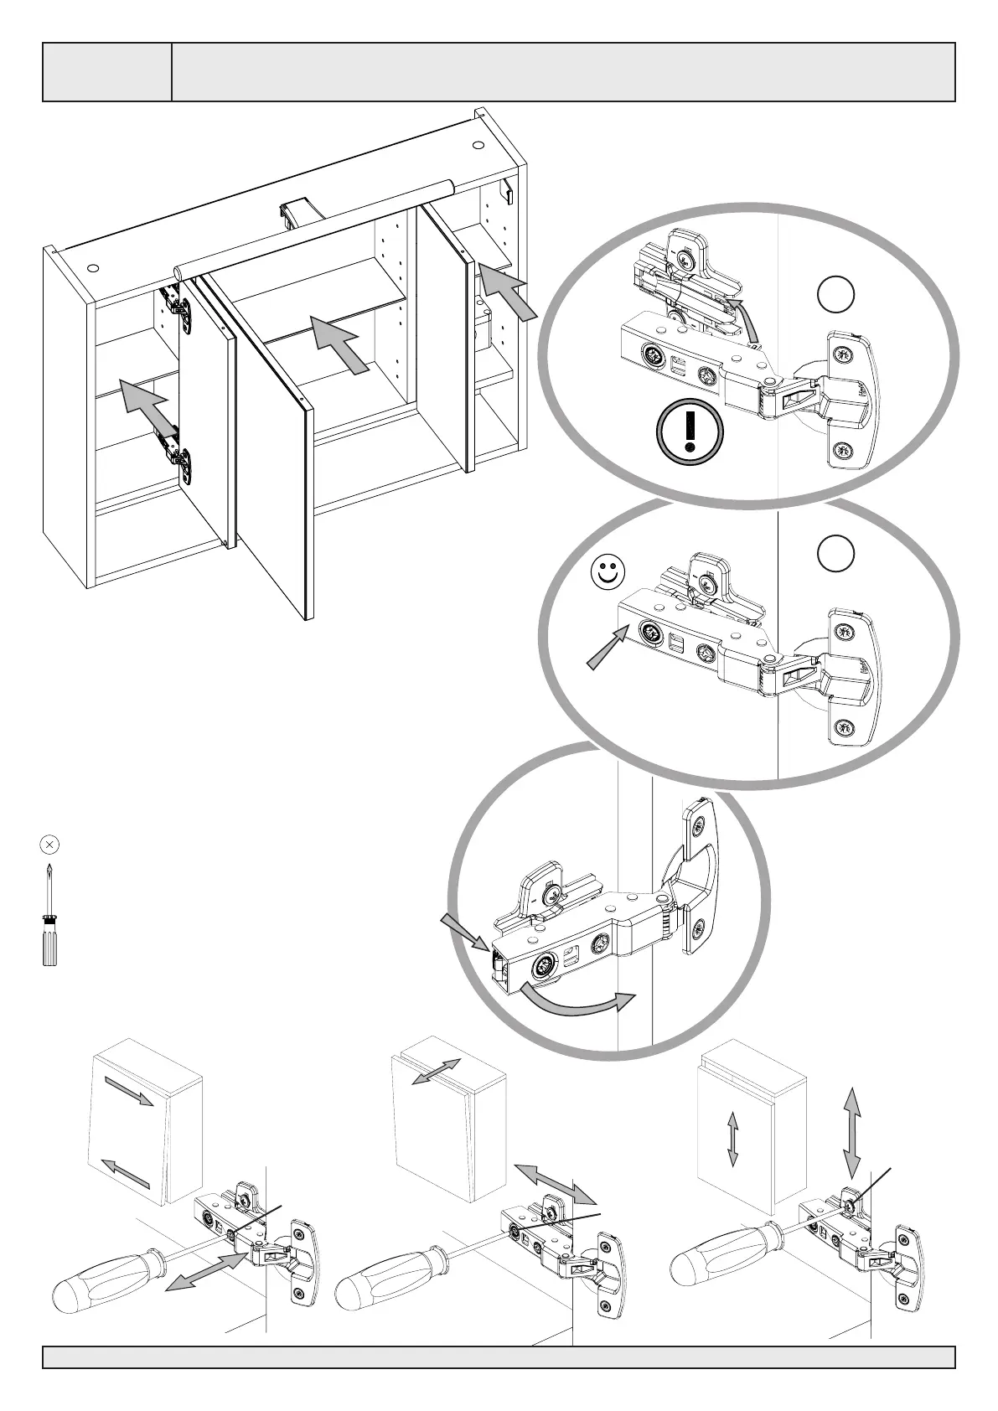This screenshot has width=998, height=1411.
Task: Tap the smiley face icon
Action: click(x=609, y=573)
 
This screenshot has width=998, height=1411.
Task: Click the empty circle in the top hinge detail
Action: click(x=835, y=296)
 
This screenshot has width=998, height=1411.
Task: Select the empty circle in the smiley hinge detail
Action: click(x=835, y=553)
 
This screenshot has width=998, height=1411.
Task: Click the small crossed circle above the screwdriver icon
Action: click(x=49, y=845)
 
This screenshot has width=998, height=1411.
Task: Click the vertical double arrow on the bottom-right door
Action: click(x=732, y=1139)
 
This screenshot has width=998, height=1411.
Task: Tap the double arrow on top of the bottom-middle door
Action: click(x=436, y=1072)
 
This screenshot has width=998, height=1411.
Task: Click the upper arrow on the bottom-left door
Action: click(x=129, y=1093)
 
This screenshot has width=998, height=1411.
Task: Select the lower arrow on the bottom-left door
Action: click(x=125, y=1172)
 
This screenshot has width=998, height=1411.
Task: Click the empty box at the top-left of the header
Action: click(x=107, y=72)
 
